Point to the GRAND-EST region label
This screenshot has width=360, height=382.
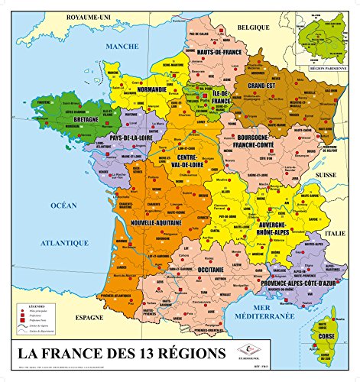259,97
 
